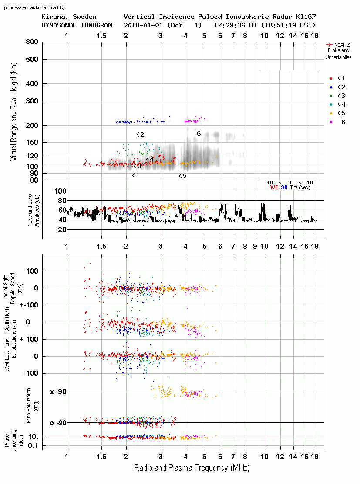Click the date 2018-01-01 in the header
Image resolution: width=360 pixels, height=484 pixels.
pos(143,25)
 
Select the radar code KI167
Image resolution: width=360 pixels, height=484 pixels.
pos(306,17)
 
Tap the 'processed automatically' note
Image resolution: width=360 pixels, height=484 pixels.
pos(34,7)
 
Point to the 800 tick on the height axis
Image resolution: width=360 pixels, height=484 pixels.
pos(32,42)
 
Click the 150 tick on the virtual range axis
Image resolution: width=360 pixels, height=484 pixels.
pos(32,143)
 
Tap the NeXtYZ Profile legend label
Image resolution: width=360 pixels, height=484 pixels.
pos(339,51)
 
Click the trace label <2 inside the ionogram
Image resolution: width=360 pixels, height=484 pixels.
pos(140,134)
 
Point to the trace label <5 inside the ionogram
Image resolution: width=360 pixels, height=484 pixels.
pos(182,176)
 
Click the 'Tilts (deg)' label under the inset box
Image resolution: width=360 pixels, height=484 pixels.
pos(300,187)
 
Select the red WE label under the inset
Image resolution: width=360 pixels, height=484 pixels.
pos(274,187)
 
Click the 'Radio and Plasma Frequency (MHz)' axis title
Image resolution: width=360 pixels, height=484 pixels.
pos(192,468)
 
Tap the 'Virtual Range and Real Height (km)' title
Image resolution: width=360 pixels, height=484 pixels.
pos(14,112)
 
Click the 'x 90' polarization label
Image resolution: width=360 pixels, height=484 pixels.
pos(58,392)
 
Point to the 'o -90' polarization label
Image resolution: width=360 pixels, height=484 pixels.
pos(58,423)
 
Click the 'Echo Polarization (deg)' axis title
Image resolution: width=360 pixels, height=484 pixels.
pos(31,406)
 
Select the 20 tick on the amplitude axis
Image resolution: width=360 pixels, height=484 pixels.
pos(62,230)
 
